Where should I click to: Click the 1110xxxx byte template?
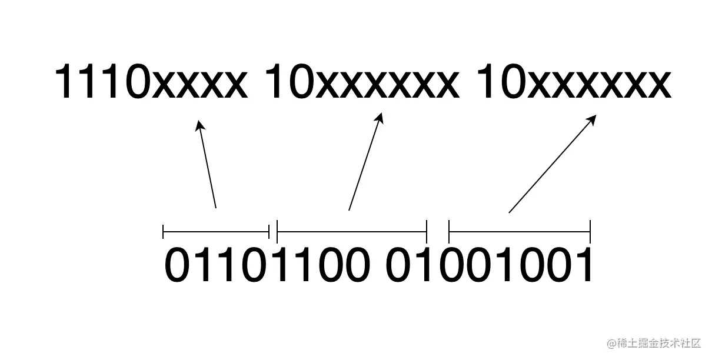pos(150,84)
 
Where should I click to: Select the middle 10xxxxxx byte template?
pos(361,84)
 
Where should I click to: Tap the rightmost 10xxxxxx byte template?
pos(573,84)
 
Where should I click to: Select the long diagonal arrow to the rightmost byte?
pos(552,164)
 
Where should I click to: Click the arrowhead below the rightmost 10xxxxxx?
pos(592,119)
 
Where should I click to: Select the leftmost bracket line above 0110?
pos(215,232)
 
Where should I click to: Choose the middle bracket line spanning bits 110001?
pos(351,232)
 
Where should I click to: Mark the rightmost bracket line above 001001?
pos(519,232)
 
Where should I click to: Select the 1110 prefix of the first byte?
pos(101,84)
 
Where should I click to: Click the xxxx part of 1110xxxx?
pos(198,86)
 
